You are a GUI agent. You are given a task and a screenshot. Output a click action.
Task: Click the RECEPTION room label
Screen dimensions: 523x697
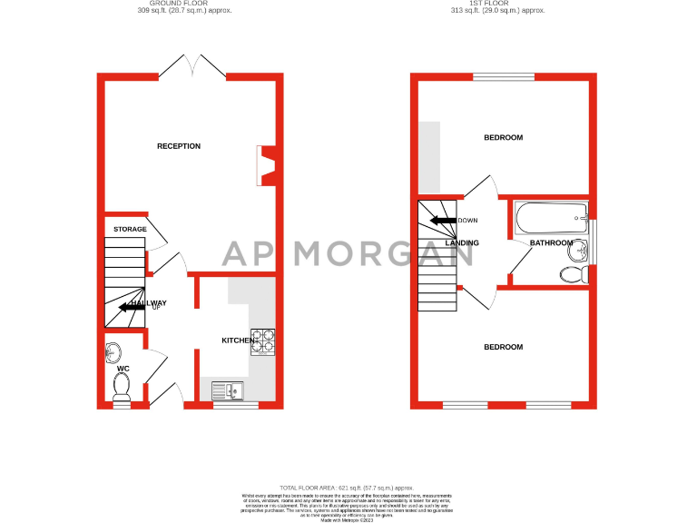click(x=179, y=146)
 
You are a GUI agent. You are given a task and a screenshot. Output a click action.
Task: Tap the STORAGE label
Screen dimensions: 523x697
click(x=130, y=230)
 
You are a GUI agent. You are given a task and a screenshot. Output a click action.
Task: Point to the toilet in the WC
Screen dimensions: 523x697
click(x=122, y=387)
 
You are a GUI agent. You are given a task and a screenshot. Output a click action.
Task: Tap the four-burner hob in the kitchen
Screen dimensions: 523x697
click(x=263, y=340)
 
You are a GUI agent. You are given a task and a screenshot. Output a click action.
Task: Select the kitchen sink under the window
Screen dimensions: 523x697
click(x=225, y=391)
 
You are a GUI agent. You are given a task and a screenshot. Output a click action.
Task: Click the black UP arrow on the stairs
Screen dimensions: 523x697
click(x=132, y=307)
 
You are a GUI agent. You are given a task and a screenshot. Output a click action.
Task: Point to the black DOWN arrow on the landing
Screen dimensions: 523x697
click(x=443, y=221)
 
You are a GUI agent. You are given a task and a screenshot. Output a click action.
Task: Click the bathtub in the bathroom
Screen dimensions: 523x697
click(x=550, y=218)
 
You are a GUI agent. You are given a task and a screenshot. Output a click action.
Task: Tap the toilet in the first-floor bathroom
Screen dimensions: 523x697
click(x=574, y=274)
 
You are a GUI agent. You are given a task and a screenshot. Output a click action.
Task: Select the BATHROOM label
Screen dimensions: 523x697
click(x=551, y=243)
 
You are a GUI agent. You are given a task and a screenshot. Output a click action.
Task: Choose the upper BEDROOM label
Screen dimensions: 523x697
click(x=503, y=138)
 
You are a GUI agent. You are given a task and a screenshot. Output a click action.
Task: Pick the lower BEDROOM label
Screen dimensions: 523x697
click(x=503, y=348)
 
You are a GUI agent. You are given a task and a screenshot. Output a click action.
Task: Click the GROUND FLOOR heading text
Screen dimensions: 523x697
click(x=191, y=4)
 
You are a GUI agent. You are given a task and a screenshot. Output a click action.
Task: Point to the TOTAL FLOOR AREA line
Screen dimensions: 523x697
click(x=348, y=488)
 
